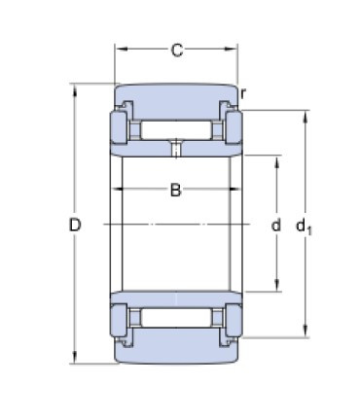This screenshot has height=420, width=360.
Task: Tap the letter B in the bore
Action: point(176,191)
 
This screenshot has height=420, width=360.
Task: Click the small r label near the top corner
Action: point(244,93)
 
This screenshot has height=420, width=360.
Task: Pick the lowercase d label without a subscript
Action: point(276,226)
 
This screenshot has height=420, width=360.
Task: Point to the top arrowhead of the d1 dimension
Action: point(307,116)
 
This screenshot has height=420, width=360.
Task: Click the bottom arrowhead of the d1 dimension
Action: point(307,333)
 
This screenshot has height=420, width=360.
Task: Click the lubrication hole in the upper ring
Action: point(175,148)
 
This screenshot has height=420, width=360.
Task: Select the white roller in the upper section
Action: point(176,128)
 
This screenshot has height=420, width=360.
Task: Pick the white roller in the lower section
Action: point(176,319)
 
